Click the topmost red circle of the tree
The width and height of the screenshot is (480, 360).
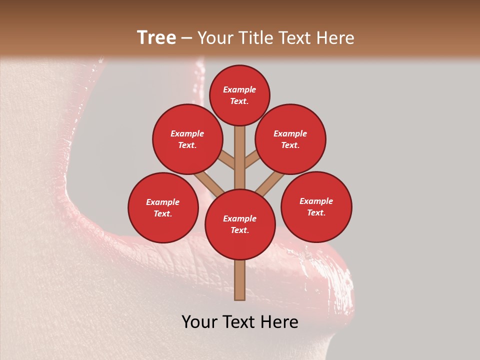tap(239, 95)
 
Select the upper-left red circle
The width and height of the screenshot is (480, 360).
tap(187, 139)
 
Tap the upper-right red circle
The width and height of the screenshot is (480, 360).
tap(290, 139)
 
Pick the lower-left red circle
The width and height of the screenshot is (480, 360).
tap(163, 207)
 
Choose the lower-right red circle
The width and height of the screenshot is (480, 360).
tap(316, 206)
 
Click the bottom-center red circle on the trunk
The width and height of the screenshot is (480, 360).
tap(240, 224)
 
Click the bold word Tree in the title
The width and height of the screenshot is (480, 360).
tap(156, 37)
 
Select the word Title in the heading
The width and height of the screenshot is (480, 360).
tap(257, 38)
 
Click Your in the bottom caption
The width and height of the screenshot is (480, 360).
tap(200, 322)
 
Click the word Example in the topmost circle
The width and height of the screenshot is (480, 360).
tap(239, 89)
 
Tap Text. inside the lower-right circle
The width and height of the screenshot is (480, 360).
tap(316, 212)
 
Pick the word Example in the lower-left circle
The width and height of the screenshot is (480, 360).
tap(162, 202)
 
